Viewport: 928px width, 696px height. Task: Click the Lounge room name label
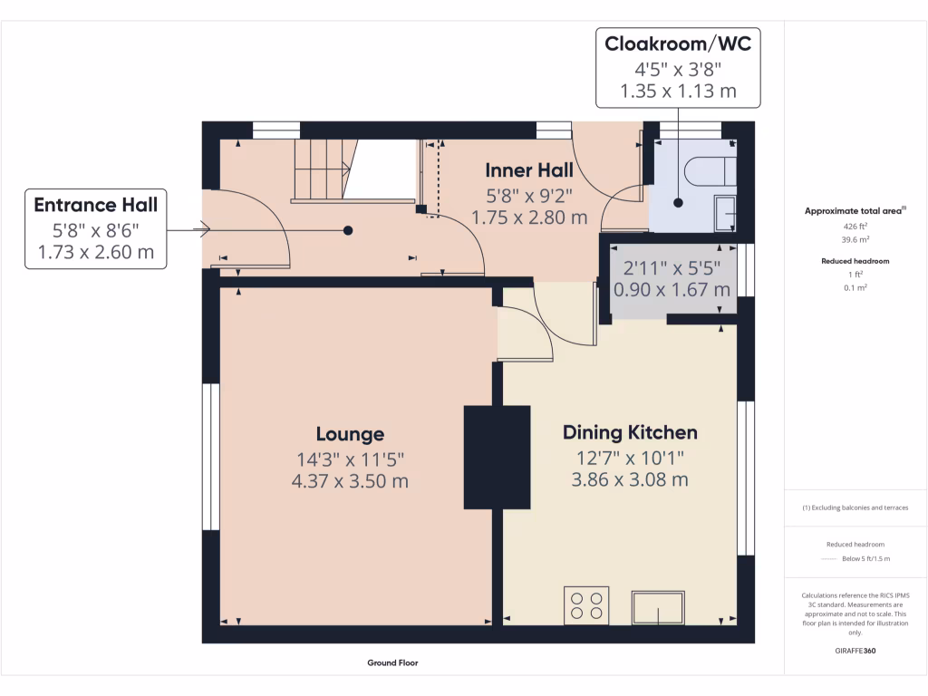pyautogui.click(x=350, y=434)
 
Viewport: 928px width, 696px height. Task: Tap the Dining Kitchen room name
pyautogui.click(x=630, y=432)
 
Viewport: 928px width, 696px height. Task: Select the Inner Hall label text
pyautogui.click(x=529, y=170)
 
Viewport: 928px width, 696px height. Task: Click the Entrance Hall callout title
pyautogui.click(x=96, y=205)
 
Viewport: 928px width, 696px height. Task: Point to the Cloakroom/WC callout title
pyautogui.click(x=678, y=43)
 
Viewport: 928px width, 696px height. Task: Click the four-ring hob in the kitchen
pyautogui.click(x=586, y=605)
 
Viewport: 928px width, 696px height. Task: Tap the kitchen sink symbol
pyautogui.click(x=658, y=607)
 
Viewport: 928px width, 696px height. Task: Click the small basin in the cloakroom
pyautogui.click(x=725, y=213)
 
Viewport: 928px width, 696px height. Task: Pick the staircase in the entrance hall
pyautogui.click(x=325, y=169)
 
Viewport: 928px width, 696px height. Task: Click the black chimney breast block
pyautogui.click(x=497, y=458)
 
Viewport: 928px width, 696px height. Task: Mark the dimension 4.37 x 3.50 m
pyautogui.click(x=350, y=480)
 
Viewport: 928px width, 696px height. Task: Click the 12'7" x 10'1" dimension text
pyautogui.click(x=630, y=458)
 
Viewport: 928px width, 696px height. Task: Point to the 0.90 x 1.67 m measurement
pyautogui.click(x=672, y=289)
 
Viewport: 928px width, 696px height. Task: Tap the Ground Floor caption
pyautogui.click(x=392, y=662)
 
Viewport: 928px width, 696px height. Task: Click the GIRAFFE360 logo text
pyautogui.click(x=855, y=651)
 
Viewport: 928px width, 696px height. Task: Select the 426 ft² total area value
pyautogui.click(x=855, y=226)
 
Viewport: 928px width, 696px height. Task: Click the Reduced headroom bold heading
pyautogui.click(x=855, y=261)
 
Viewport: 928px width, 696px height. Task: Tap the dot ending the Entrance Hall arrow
pyautogui.click(x=348, y=230)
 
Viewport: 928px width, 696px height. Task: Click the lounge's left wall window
pyautogui.click(x=211, y=457)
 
